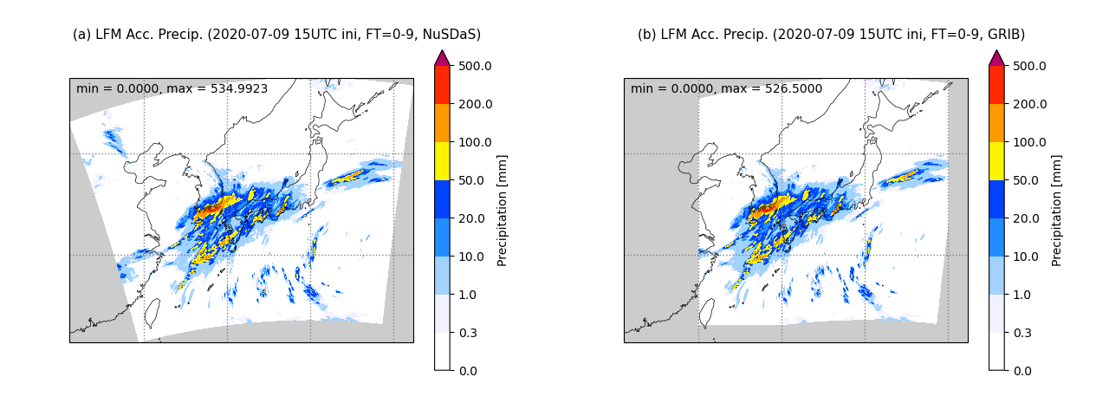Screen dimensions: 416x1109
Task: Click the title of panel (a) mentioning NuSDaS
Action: coord(276,35)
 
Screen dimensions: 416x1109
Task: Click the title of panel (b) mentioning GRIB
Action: coord(831,35)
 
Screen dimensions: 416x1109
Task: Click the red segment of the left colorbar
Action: coord(442,85)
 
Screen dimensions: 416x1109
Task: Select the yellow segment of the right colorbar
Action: coord(996,161)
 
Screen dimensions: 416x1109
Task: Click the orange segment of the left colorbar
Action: coord(442,123)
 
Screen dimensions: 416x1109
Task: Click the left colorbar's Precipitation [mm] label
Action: coord(503,210)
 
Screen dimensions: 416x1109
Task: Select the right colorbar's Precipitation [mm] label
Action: coord(1057,210)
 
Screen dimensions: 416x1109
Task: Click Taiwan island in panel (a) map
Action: coord(151,313)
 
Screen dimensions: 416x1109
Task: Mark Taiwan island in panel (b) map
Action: coord(705,313)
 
